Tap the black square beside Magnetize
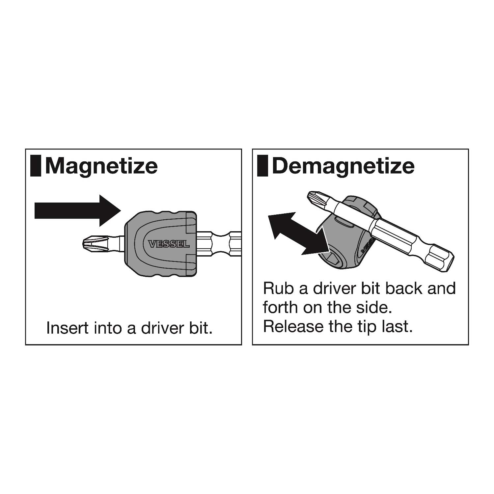[x=36, y=166]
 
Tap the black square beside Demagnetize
[x=262, y=166]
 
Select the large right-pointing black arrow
[x=78, y=211]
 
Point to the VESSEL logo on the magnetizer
[x=169, y=244]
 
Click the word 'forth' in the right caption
[x=281, y=307]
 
